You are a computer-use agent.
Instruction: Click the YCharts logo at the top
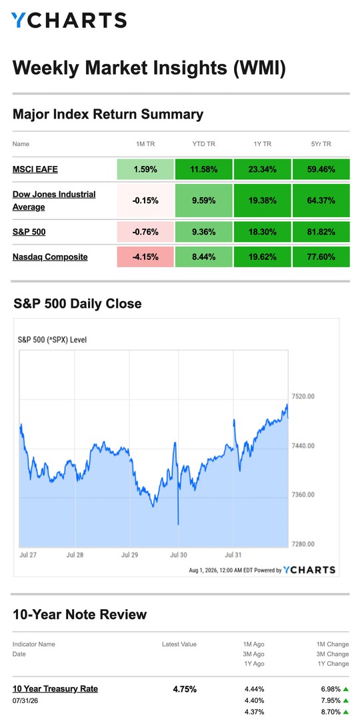click(69, 21)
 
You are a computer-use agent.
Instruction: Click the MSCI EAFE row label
click(35, 169)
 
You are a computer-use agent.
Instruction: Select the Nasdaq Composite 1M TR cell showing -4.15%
click(145, 257)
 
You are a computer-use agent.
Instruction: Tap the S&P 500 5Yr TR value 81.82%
click(321, 232)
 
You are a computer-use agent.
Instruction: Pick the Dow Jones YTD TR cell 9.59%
click(204, 201)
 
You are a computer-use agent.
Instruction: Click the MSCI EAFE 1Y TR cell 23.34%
click(263, 169)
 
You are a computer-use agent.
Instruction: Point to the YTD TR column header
click(203, 144)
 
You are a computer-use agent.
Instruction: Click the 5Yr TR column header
click(321, 144)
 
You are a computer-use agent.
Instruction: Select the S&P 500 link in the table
click(29, 232)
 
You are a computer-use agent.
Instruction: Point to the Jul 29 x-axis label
click(129, 555)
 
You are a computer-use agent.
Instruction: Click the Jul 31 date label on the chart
click(233, 555)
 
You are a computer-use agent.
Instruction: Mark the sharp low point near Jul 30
click(178, 524)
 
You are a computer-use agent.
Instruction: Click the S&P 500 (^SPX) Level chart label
click(52, 340)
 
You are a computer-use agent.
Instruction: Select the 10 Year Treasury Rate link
click(55, 688)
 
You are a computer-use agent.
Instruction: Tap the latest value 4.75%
click(185, 689)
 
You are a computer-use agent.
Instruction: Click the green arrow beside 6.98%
click(345, 689)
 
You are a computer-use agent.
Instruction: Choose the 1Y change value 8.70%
click(331, 712)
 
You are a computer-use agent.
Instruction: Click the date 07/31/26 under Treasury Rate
click(25, 701)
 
